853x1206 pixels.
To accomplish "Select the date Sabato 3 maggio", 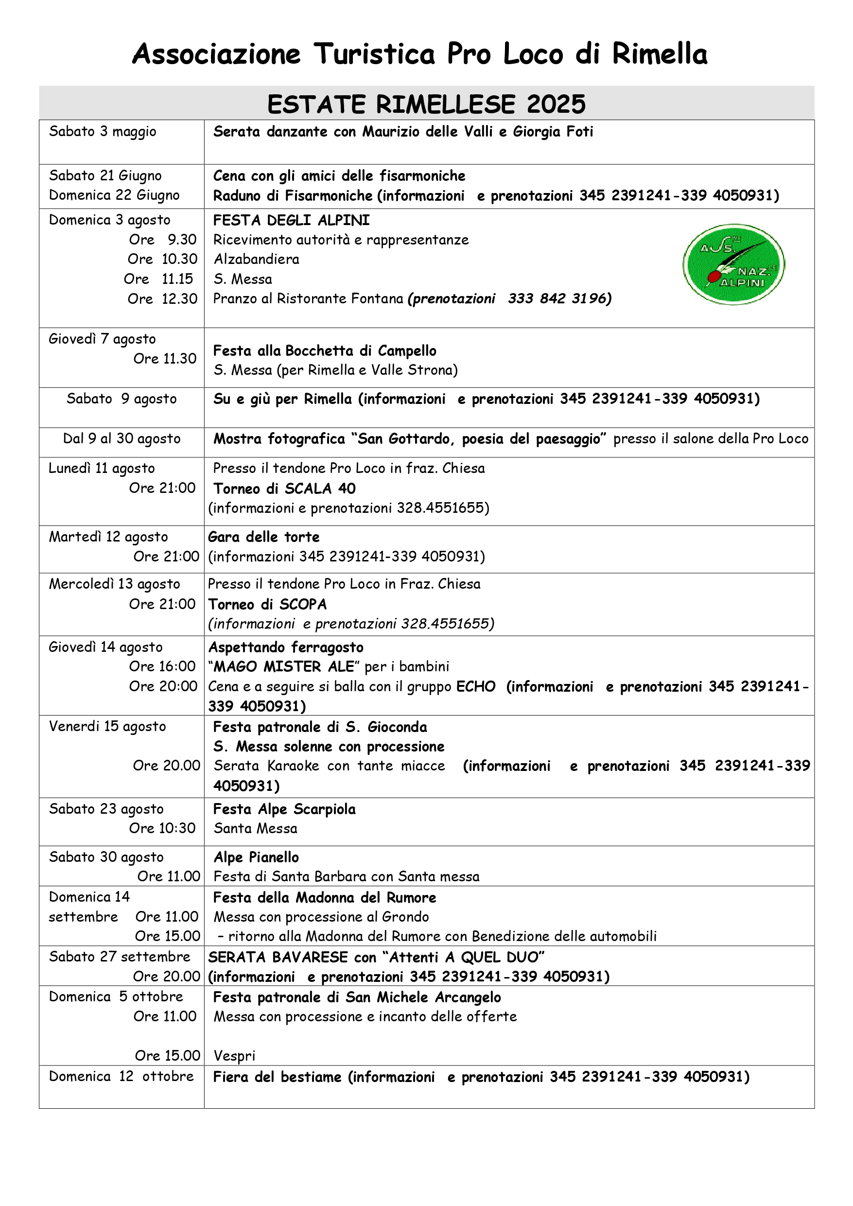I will [103, 131].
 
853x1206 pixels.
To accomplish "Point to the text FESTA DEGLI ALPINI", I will [292, 220].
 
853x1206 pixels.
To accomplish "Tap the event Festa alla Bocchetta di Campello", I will [325, 350].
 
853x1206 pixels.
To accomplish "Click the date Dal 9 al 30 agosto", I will [122, 438].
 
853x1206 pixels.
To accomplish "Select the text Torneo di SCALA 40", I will [284, 489].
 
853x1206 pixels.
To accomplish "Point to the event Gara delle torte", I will [263, 537].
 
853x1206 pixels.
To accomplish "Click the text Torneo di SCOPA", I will [267, 605].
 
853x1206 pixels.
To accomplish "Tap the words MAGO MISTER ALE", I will [284, 666].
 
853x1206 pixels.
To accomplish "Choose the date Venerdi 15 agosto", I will [107, 726].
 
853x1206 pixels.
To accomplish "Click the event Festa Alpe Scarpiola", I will [284, 809].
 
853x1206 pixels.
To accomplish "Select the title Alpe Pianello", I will [256, 857].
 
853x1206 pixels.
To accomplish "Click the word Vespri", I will [234, 1056].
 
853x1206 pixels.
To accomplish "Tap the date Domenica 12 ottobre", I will [122, 1076].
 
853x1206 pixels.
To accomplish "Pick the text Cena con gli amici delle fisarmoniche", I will [339, 176].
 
